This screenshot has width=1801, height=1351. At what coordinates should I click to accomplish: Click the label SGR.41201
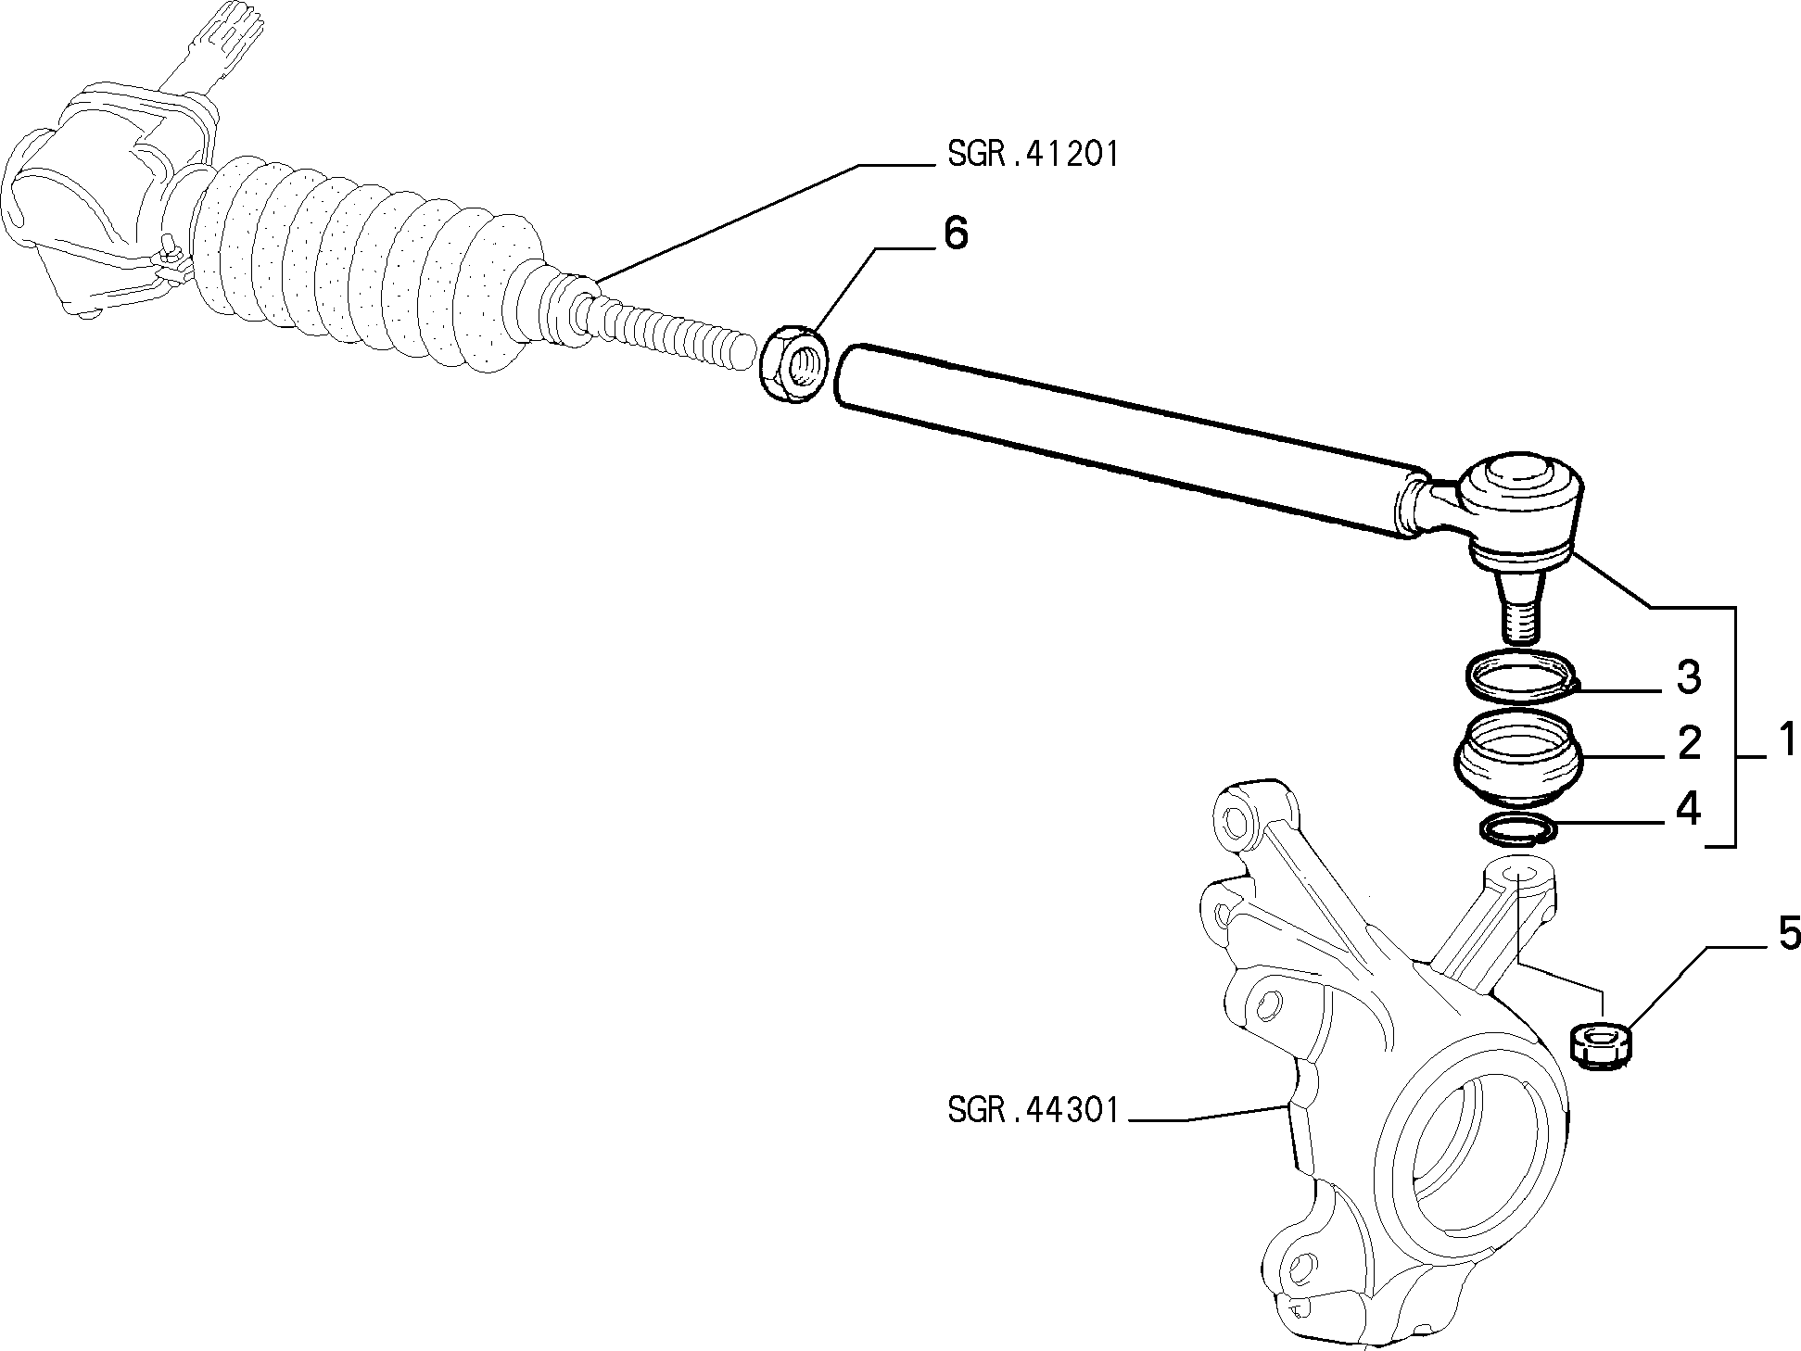pyautogui.click(x=1033, y=155)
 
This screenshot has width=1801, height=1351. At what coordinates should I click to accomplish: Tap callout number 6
pyautogui.click(x=955, y=234)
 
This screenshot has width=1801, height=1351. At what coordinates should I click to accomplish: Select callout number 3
pyautogui.click(x=1689, y=678)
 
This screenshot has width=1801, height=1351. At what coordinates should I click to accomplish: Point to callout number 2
pyautogui.click(x=1689, y=744)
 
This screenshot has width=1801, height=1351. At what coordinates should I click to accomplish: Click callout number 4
pyautogui.click(x=1689, y=810)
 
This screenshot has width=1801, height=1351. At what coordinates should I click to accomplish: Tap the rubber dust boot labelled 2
pyautogui.click(x=1516, y=760)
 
